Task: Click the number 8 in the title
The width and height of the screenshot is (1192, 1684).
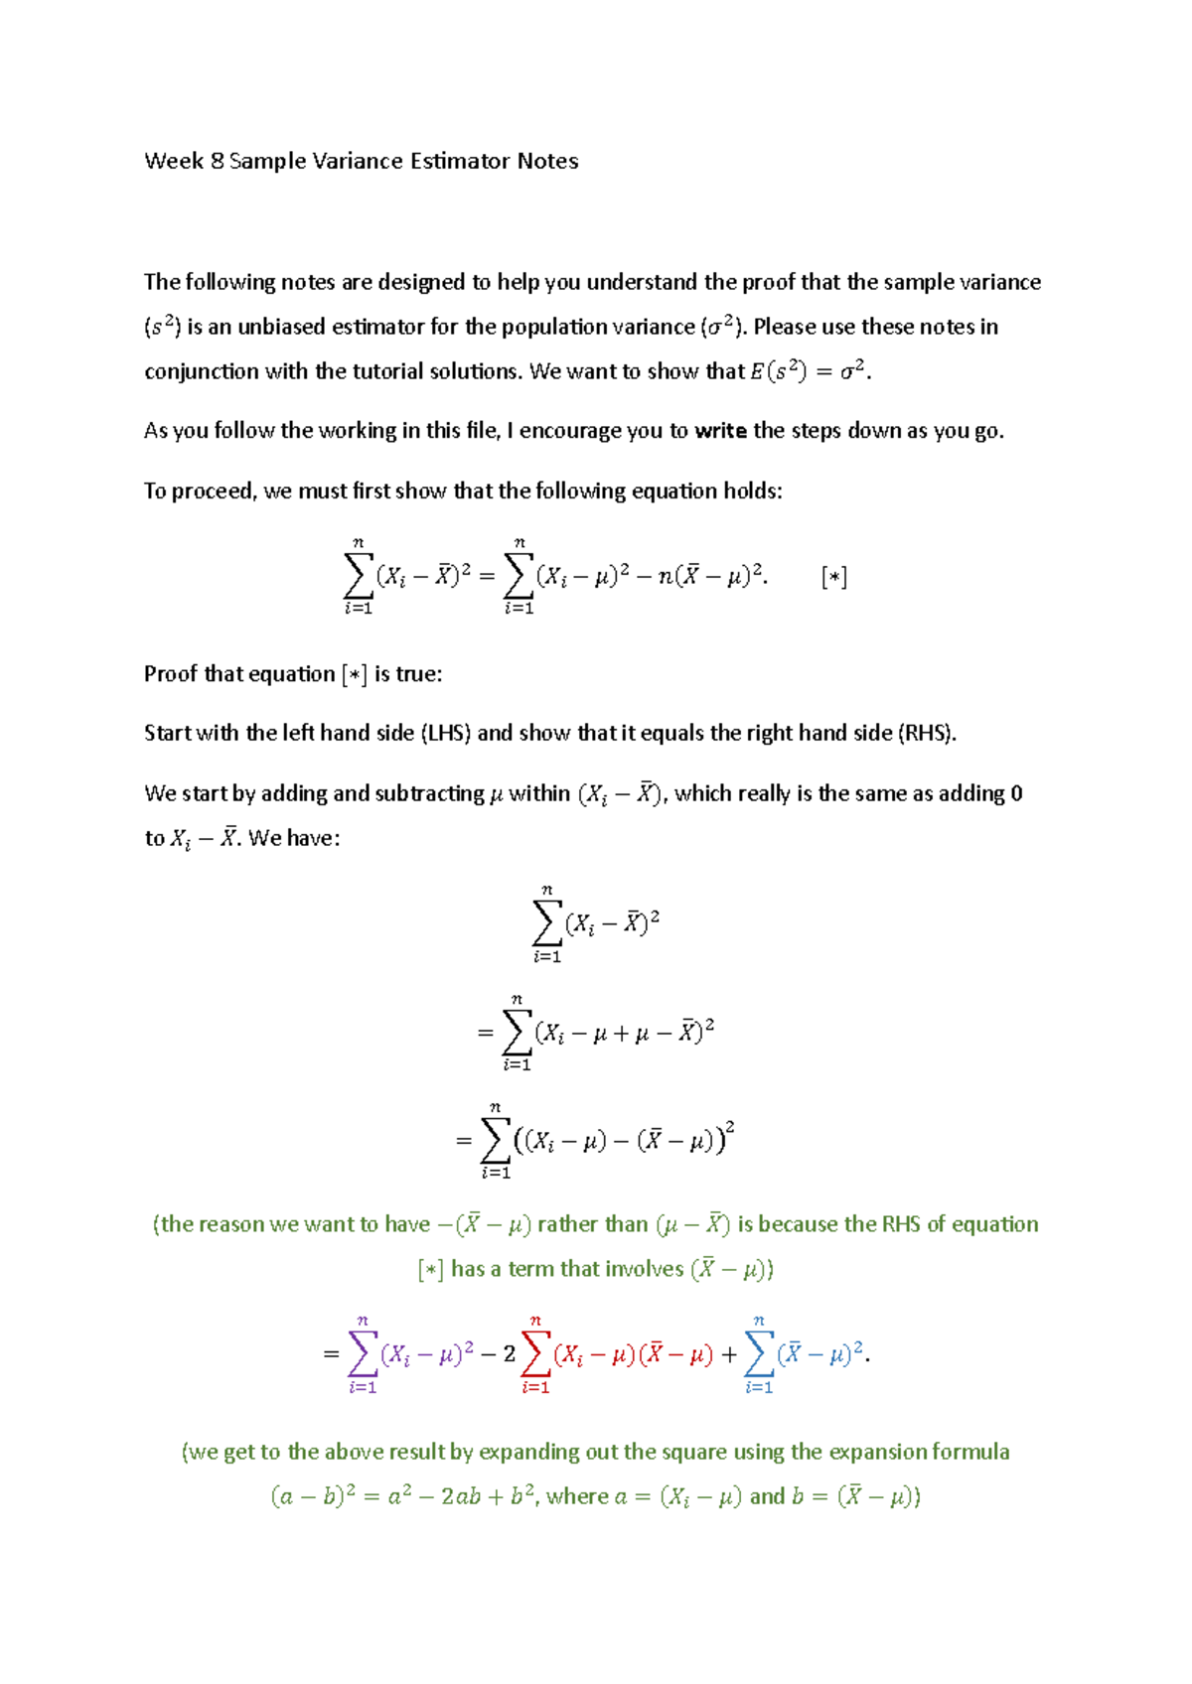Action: click(217, 161)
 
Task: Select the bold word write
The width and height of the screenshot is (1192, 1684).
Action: click(720, 431)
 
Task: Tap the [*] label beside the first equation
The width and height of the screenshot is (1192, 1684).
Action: click(834, 577)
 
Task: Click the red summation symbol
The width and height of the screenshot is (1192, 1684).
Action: click(535, 1352)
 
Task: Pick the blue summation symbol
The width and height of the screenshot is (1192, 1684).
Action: click(759, 1352)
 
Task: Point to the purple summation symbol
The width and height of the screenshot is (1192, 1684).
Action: click(363, 1352)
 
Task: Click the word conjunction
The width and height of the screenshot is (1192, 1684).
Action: click(195, 372)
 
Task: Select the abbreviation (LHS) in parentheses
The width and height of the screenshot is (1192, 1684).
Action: click(446, 734)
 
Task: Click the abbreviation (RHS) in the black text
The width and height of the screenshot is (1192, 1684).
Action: click(926, 734)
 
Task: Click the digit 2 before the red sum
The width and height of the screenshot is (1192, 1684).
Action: click(510, 1354)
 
